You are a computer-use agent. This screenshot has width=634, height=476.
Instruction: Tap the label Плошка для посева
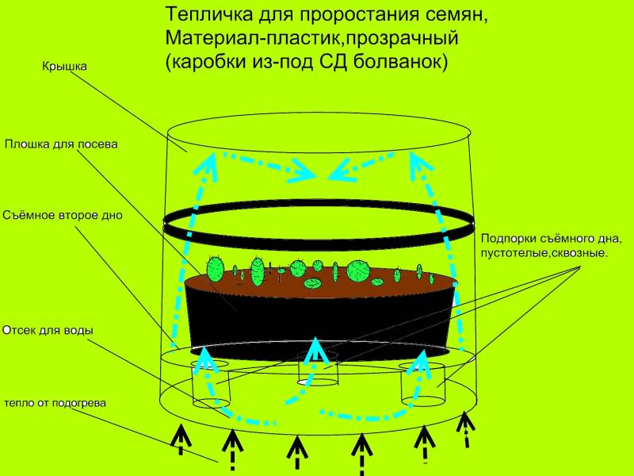pos(61,145)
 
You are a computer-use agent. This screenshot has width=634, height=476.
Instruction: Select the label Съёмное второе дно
pos(63,215)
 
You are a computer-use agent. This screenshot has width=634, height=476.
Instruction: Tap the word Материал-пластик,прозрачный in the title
pos(312,39)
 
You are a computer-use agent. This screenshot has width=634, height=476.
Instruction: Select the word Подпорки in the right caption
pos(510,240)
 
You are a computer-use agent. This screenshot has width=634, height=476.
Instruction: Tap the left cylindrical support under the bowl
pos(212,382)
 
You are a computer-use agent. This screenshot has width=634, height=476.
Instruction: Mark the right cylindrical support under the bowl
pos(422,384)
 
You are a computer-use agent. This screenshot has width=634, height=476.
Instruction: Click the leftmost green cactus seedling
pos(214,267)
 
